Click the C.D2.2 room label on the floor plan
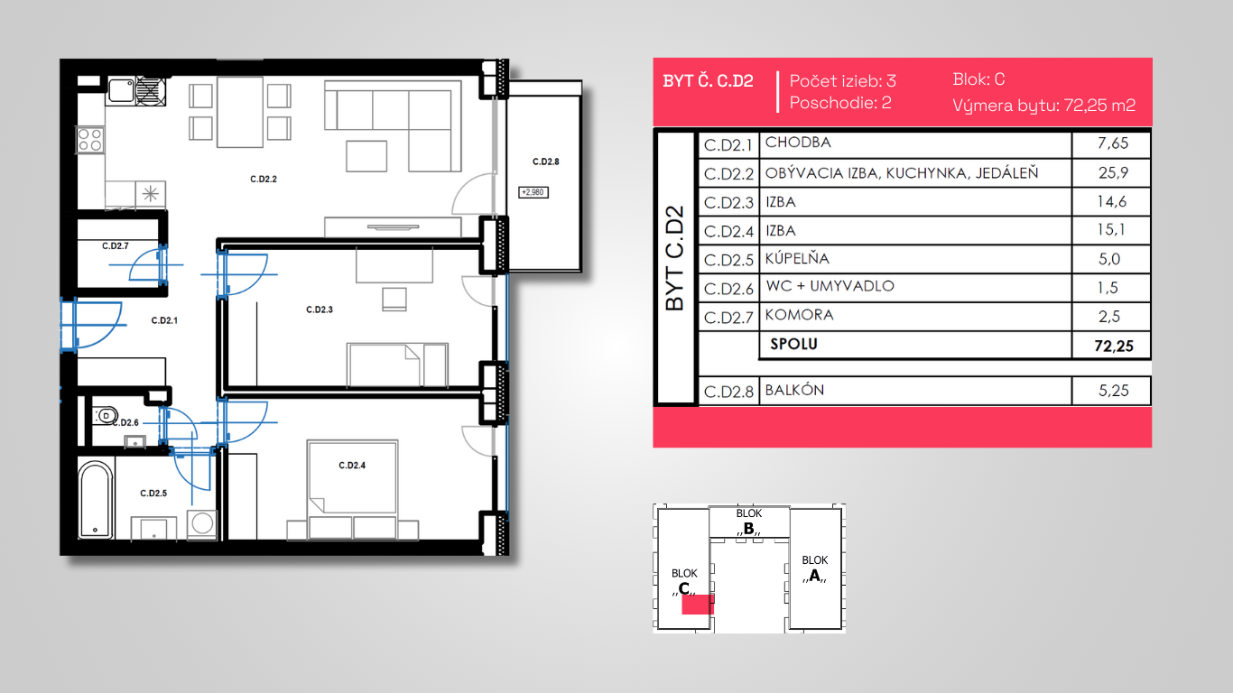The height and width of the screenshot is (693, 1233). coord(263,179)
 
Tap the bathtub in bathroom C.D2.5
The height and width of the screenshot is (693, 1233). coord(96,499)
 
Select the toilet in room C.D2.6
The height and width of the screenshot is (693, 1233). coord(106,415)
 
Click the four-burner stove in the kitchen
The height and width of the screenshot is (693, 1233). coord(90,140)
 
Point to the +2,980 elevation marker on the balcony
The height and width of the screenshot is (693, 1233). coord(533,192)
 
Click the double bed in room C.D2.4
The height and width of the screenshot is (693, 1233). coord(352,489)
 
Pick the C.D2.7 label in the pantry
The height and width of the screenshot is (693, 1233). coord(115,246)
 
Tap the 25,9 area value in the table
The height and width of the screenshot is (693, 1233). coord(1113,173)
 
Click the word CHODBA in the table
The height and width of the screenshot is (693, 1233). coord(798,143)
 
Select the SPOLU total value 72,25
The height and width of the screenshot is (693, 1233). coord(1114,346)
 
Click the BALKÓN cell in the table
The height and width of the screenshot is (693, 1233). coord(794,390)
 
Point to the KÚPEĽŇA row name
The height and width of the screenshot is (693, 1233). coord(797,258)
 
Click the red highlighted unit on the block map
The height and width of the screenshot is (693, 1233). coord(698,604)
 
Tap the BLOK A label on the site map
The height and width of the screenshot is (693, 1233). coord(815,568)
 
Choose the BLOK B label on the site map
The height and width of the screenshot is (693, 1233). coord(749,522)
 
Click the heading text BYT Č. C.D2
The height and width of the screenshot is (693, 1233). coord(708,81)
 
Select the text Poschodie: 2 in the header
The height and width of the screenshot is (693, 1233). coord(840,103)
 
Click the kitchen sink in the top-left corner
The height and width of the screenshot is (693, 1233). coord(121,90)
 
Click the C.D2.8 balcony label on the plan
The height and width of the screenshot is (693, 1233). coord(545,162)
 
